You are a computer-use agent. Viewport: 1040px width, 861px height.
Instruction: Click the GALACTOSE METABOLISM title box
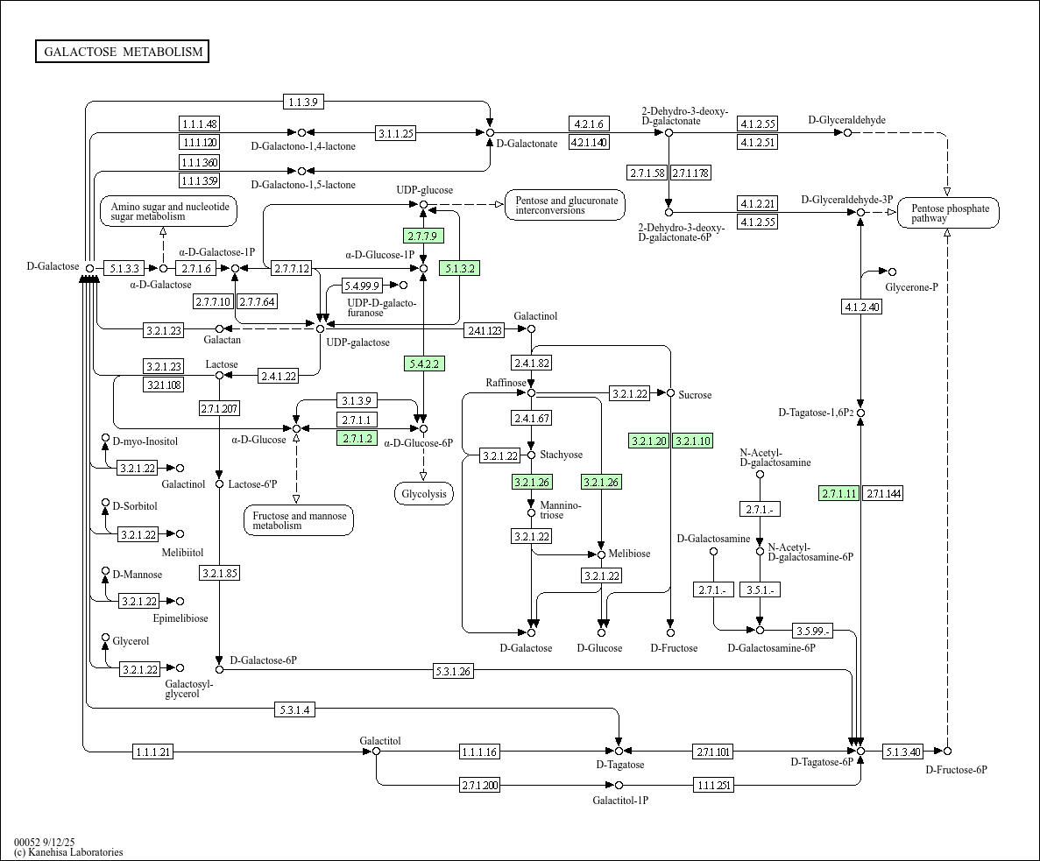pos(123,52)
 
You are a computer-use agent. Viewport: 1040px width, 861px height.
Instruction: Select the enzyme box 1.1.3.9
pos(304,102)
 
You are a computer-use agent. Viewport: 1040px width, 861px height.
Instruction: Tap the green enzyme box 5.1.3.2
pos(460,268)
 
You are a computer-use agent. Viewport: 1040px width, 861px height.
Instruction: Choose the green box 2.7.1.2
pos(357,438)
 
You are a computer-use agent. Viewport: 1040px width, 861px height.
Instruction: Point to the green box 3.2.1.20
pos(648,441)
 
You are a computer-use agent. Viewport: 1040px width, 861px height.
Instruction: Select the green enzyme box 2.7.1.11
pos(838,493)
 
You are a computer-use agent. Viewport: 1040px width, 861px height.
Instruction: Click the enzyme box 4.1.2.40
pos(861,307)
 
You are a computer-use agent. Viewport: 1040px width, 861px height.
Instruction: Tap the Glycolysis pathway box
pos(424,494)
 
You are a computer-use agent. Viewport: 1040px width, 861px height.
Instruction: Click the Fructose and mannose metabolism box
pos(299,520)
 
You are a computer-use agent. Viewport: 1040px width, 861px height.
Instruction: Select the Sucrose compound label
pos(695,395)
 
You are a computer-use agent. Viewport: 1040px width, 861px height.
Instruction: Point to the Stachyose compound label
pos(561,455)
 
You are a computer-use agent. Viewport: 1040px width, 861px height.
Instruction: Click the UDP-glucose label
pos(424,190)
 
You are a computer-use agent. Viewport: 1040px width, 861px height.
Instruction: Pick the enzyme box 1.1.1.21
pos(153,752)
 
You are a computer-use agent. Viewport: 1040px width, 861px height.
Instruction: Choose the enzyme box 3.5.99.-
pos(812,631)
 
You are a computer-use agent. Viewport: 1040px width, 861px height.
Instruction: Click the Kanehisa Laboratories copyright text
pos(68,852)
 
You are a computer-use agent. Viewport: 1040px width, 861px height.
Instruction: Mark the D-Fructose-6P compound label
pos(956,769)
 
